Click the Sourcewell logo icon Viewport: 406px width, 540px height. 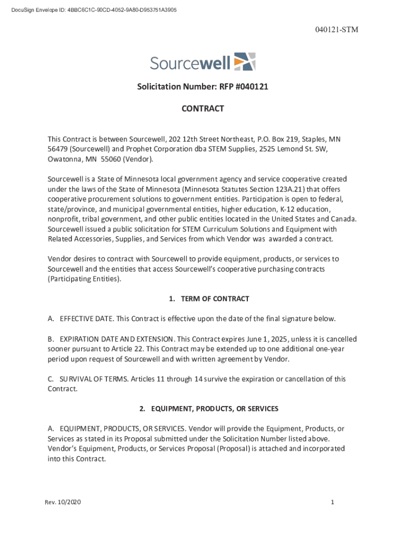(245, 62)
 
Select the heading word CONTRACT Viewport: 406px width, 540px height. (203, 109)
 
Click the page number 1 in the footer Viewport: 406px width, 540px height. (333, 502)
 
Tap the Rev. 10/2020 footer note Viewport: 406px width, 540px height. (63, 502)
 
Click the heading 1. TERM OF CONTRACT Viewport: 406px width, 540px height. (209, 299)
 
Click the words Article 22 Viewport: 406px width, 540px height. (129, 349)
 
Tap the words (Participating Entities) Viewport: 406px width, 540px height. (84, 279)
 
